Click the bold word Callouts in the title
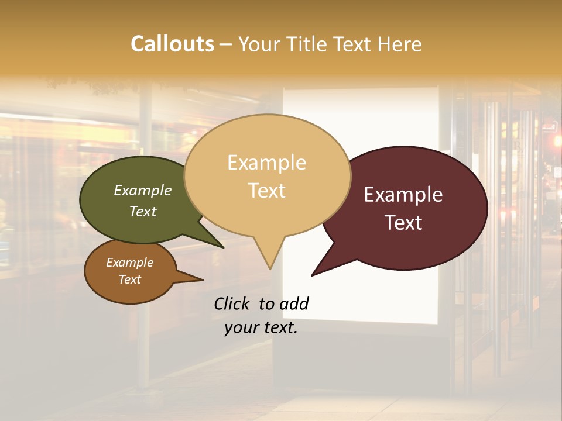[x=172, y=44]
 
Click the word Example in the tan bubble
[x=266, y=163]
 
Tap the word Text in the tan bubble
[x=266, y=191]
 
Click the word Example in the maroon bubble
[x=403, y=195]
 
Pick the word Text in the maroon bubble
[x=403, y=223]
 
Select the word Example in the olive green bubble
[x=143, y=190]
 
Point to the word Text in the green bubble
[x=143, y=211]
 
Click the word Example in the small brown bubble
[x=129, y=263]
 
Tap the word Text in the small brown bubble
[x=129, y=279]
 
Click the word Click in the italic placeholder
[x=233, y=303]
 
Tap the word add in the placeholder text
[x=293, y=303]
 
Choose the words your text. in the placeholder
[x=261, y=327]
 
